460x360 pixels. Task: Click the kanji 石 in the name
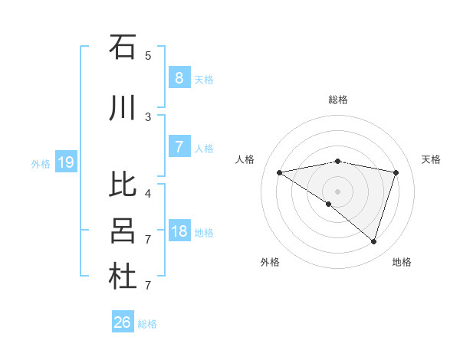click(123, 47)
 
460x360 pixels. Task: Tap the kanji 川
click(123, 108)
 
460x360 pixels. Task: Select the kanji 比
click(123, 185)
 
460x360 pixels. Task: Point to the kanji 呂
click(123, 231)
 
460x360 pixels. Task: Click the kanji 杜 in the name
click(123, 277)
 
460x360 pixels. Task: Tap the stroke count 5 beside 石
click(147, 55)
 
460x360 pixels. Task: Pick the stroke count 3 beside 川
click(147, 116)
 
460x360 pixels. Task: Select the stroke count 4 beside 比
click(147, 193)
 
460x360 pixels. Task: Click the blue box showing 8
click(179, 77)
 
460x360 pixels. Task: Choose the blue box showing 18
click(179, 231)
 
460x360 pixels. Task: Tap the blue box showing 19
click(65, 162)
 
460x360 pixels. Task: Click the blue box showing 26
click(123, 322)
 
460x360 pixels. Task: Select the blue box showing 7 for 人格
click(179, 146)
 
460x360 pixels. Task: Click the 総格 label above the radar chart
click(338, 100)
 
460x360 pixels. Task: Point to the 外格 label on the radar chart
click(270, 262)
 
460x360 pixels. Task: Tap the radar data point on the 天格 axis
click(396, 172)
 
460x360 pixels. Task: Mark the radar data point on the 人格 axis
click(279, 172)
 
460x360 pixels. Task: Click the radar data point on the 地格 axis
click(373, 241)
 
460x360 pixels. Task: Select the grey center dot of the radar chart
click(337, 191)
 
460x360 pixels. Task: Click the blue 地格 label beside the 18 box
click(205, 232)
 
